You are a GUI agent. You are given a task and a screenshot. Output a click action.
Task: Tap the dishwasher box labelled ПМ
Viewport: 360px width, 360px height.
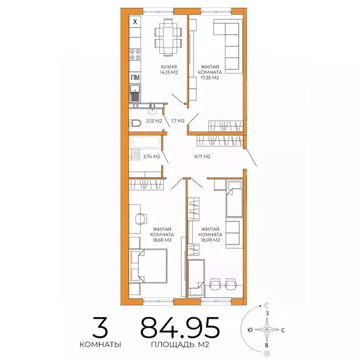pyautogui.click(x=135, y=78)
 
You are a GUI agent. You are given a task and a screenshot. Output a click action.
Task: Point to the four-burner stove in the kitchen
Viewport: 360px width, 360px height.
pyautogui.click(x=135, y=55)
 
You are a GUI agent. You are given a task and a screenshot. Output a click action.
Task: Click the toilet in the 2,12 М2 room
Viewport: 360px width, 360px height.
pyautogui.click(x=135, y=123)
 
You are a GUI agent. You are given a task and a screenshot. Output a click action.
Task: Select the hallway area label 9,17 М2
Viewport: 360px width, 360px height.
pyautogui.click(x=202, y=157)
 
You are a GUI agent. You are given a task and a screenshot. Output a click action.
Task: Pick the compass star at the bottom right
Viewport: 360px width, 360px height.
pyautogui.click(x=267, y=330)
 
